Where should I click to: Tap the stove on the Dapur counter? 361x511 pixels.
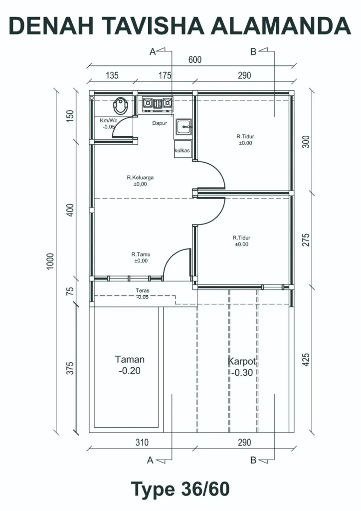tap(158, 104)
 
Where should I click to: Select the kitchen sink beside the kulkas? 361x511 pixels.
tap(184, 127)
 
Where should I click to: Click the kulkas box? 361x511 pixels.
tap(182, 150)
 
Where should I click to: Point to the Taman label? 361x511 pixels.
tap(130, 359)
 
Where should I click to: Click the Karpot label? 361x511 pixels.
tap(242, 361)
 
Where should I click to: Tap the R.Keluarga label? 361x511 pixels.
tap(140, 178)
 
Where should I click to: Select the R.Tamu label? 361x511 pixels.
tap(141, 254)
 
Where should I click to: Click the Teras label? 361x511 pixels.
tap(143, 290)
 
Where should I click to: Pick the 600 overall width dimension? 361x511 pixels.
tap(194, 60)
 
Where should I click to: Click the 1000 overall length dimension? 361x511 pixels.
tap(50, 261)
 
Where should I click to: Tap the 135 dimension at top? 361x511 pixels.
tap(112, 75)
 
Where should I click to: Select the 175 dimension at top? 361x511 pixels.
tap(165, 75)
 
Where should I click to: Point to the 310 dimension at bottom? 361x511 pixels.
tap(142, 442)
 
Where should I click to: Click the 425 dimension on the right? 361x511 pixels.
tap(306, 359)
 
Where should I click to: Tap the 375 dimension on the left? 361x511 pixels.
tap(70, 368)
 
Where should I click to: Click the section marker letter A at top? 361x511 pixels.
tap(153, 52)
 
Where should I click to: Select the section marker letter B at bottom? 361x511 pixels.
tap(254, 460)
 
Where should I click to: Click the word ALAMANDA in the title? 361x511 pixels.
tap(281, 26)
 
